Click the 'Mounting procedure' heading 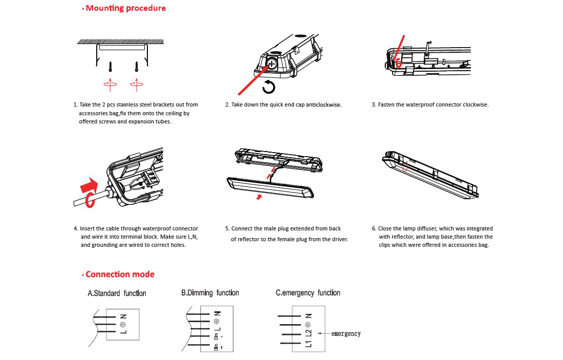125,8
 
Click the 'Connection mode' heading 120,274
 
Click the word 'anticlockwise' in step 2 323,105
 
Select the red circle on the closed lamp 406,166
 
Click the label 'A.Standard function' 117,293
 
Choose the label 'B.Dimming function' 210,293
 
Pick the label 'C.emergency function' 308,293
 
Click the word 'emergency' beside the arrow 346,334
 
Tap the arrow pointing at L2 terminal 324,334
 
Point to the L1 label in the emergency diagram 308,344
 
